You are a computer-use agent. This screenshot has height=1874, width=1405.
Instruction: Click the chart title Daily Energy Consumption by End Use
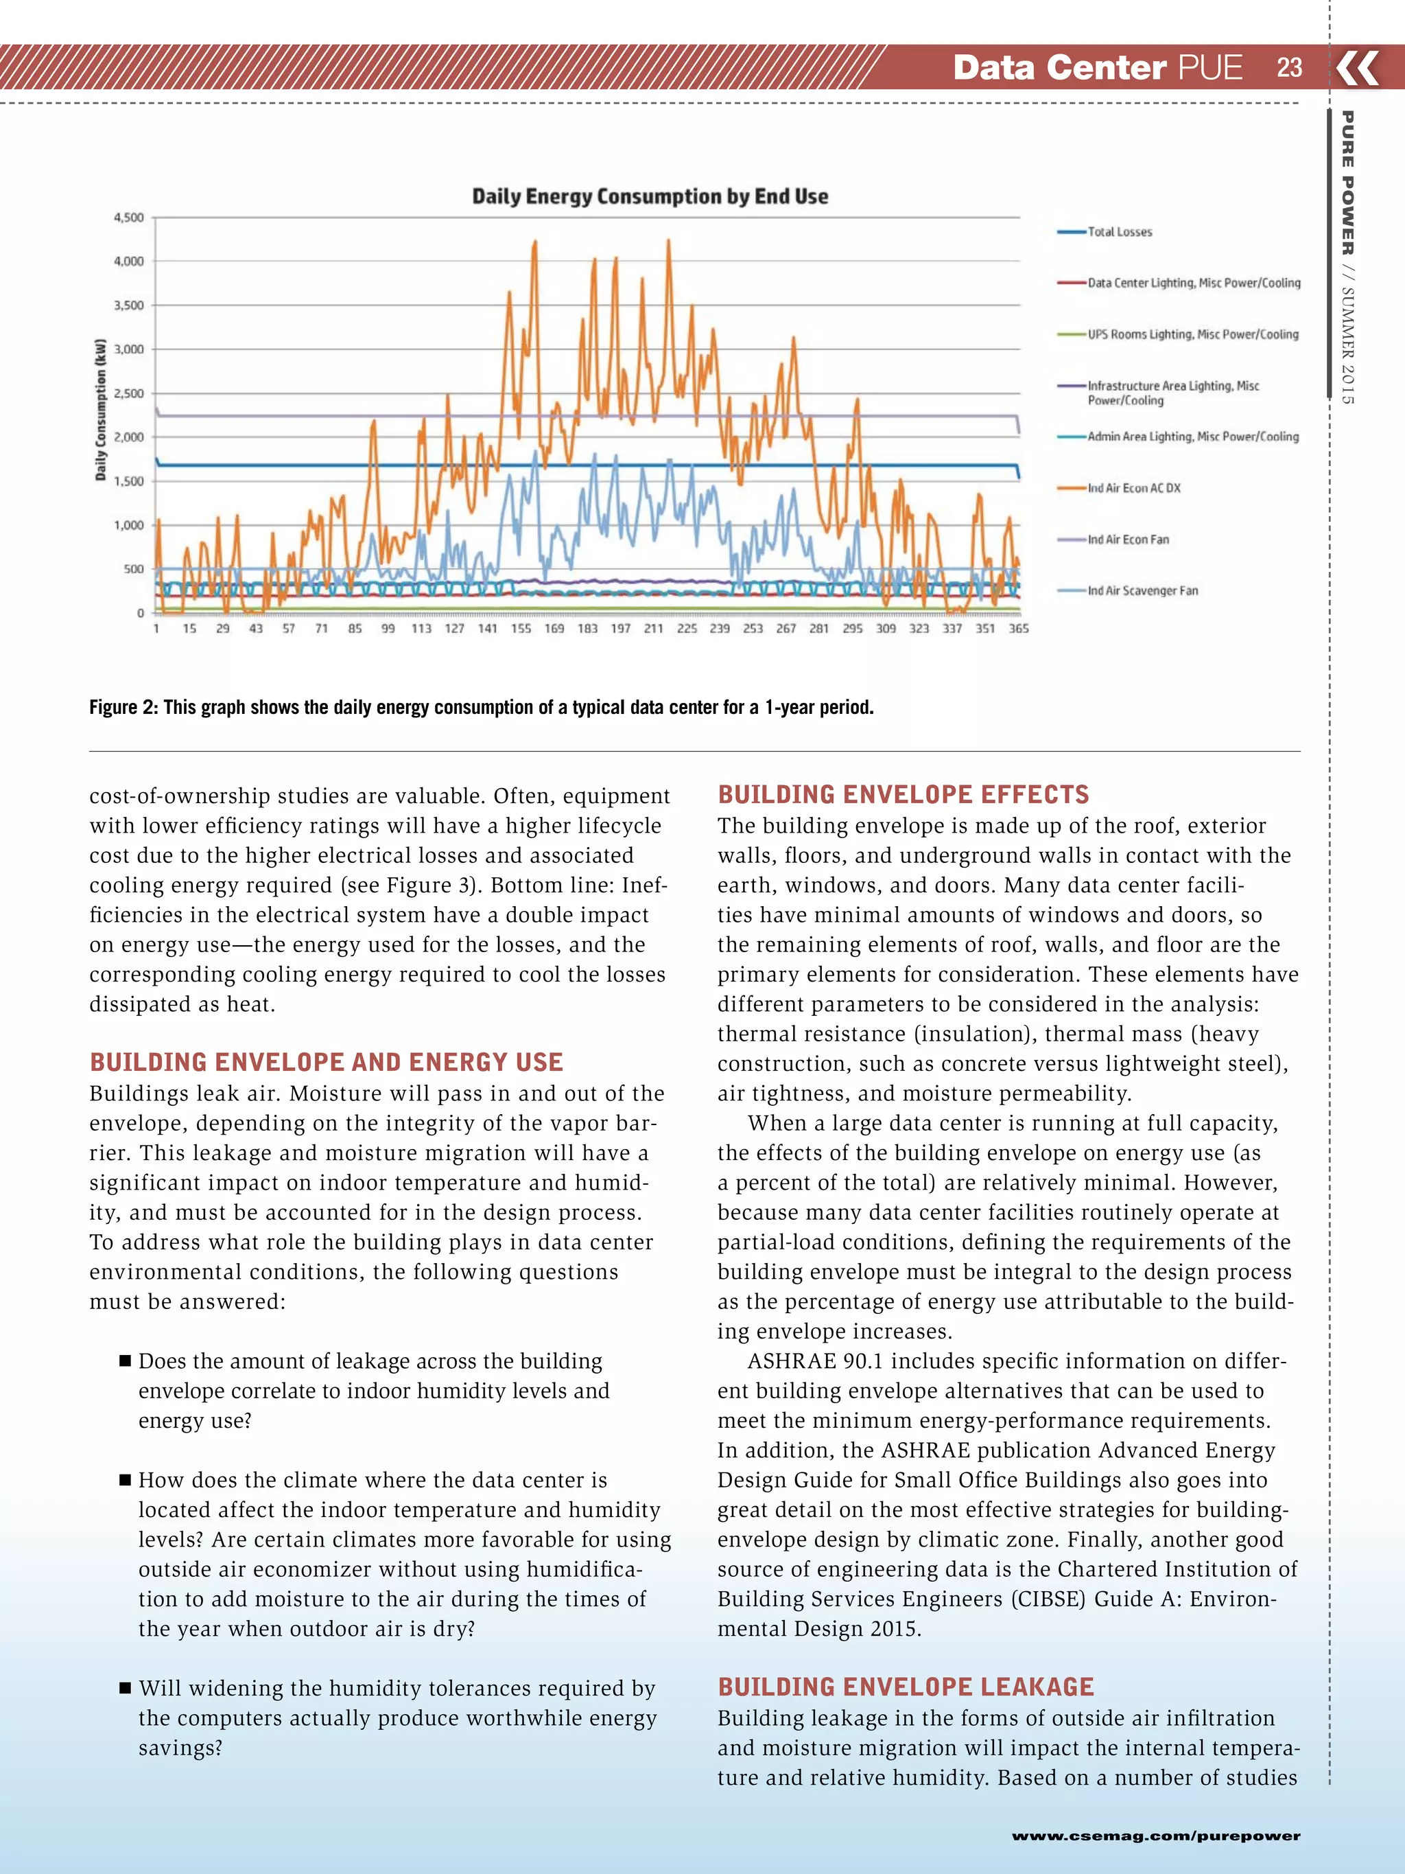650,196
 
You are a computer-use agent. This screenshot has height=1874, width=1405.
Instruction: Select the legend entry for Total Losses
1119,232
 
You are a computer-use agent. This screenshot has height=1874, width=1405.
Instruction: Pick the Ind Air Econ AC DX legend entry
1133,488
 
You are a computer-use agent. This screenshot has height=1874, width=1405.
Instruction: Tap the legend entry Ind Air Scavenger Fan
1142,590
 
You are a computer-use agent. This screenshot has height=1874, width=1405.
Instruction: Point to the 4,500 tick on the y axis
129,218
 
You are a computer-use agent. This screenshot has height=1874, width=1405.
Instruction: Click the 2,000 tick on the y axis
129,437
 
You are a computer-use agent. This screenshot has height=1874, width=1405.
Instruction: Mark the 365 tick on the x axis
1019,629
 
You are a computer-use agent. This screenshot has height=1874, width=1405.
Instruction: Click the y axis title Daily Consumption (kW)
101,410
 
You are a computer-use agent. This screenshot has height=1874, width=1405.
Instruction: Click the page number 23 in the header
1289,68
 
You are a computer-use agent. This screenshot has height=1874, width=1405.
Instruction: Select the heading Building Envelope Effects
903,795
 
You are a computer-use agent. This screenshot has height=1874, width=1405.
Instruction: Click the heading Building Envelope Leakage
906,1687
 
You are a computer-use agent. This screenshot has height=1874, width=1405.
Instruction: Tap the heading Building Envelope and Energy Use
326,1063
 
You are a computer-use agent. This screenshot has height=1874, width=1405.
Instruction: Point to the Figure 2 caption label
123,708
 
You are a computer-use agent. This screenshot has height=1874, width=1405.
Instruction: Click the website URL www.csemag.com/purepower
1155,1835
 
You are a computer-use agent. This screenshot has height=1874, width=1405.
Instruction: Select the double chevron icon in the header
1358,68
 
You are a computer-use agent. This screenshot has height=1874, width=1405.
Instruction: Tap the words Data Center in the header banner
1059,68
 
